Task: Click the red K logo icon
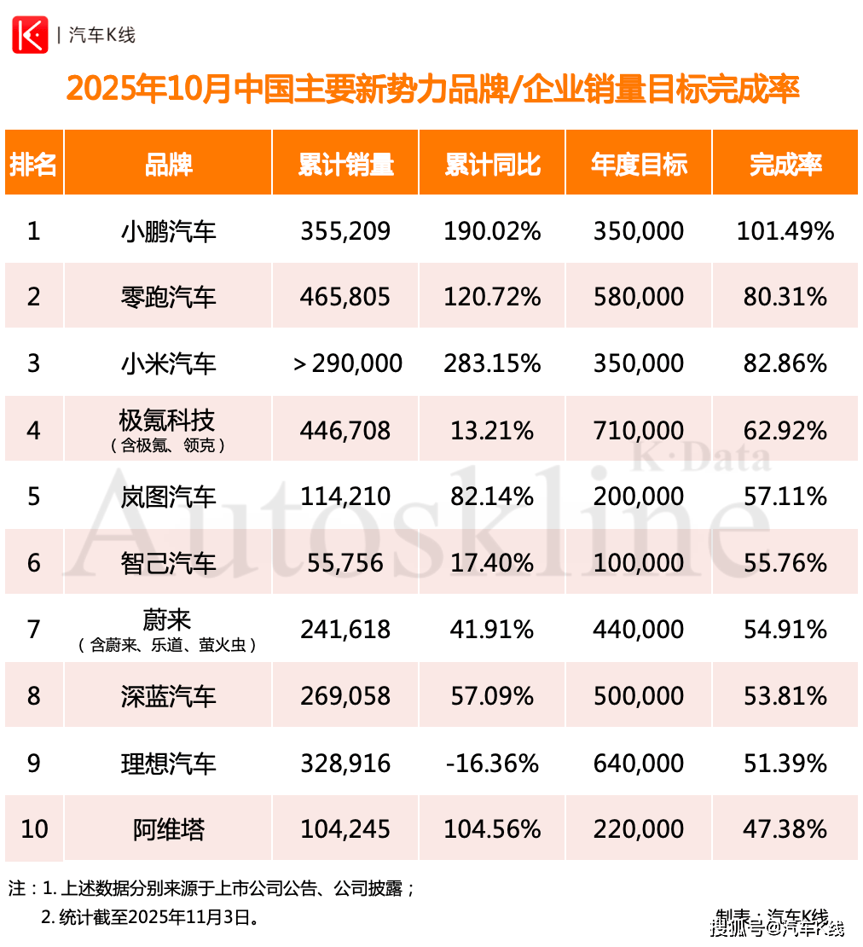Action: pos(31,35)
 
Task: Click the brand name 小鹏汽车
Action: pos(168,231)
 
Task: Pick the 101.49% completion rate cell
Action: pos(785,231)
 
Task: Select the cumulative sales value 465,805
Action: pos(345,297)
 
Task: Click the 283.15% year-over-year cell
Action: pos(492,363)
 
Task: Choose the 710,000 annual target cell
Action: pos(638,431)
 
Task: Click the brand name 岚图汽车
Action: pos(168,497)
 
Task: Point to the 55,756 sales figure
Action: pos(345,563)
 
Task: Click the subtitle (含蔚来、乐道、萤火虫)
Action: pos(168,646)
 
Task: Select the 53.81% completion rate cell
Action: pos(785,696)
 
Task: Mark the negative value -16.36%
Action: pos(492,763)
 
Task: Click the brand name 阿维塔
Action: pos(168,829)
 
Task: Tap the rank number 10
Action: pos(34,829)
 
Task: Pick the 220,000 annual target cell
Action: pos(638,829)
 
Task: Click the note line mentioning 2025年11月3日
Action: pos(150,918)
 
